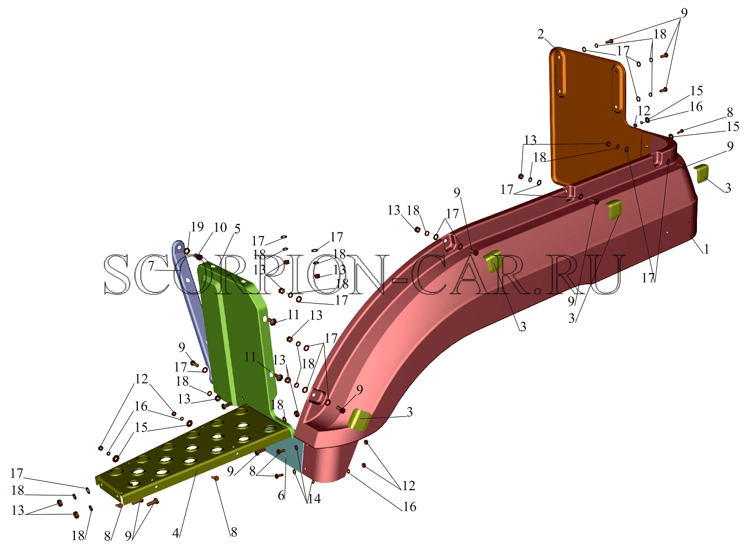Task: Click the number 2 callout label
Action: (x=541, y=34)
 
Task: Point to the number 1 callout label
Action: (x=706, y=249)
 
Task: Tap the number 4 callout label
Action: (x=176, y=533)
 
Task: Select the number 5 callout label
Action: (x=237, y=229)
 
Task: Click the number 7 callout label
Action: (x=151, y=266)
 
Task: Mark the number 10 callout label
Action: (x=221, y=228)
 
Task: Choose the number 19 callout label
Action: (x=197, y=227)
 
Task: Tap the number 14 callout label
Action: (x=314, y=499)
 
